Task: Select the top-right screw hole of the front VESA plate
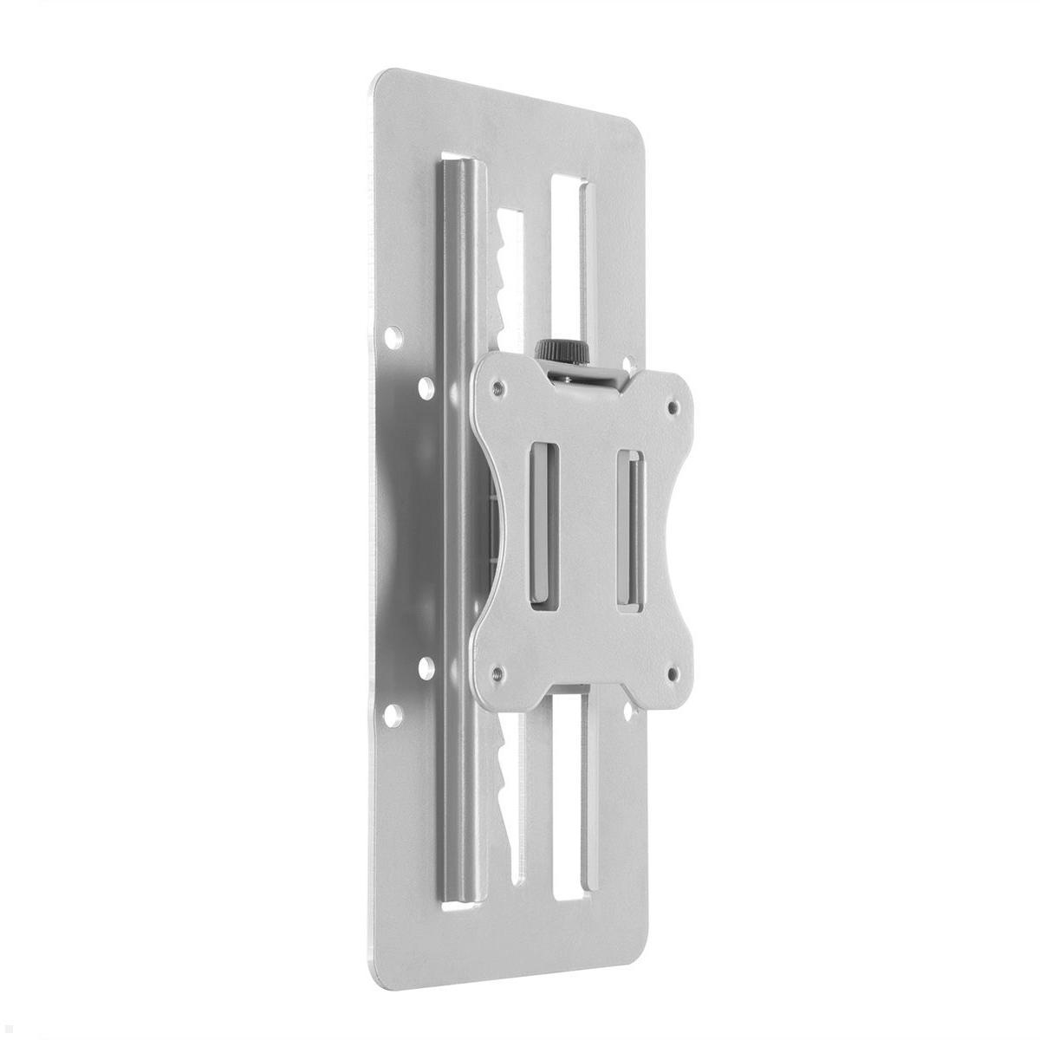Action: [x=672, y=404]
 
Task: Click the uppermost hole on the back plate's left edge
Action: [x=395, y=333]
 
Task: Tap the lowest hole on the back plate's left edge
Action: [x=393, y=715]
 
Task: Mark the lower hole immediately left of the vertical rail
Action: [x=426, y=666]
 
